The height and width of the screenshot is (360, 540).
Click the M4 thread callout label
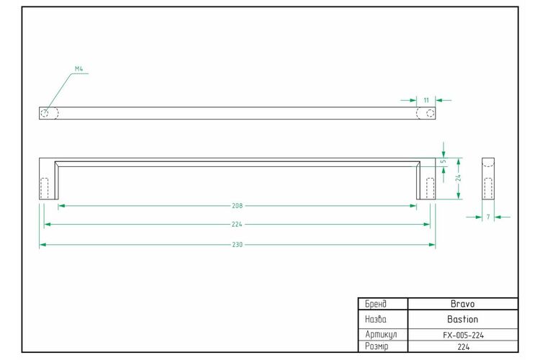pyautogui.click(x=79, y=69)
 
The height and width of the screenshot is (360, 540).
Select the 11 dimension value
pyautogui.click(x=426, y=100)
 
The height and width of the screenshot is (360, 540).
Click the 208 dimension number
pyautogui.click(x=238, y=206)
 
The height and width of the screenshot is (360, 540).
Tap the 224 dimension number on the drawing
pyautogui.click(x=237, y=224)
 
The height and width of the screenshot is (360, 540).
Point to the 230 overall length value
pyautogui.click(x=238, y=245)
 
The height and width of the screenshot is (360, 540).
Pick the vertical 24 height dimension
pyautogui.click(x=458, y=178)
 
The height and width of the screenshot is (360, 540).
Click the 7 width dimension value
pyautogui.click(x=488, y=217)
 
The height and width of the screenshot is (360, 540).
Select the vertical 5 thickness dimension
pyautogui.click(x=444, y=161)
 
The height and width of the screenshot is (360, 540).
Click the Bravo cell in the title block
pyautogui.click(x=462, y=304)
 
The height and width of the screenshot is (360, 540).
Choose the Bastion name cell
pyautogui.click(x=462, y=319)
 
